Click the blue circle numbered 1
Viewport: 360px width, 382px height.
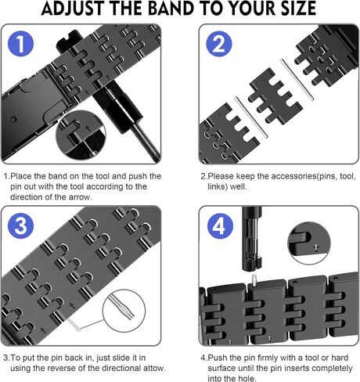click(x=21, y=43)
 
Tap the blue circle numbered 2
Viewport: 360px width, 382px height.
click(x=219, y=44)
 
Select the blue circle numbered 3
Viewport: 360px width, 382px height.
click(x=21, y=225)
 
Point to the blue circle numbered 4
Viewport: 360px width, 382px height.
click(x=220, y=226)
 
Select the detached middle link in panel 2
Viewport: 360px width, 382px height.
click(x=275, y=96)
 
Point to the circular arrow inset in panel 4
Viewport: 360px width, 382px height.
click(x=309, y=243)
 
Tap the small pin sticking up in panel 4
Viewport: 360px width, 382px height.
click(x=254, y=280)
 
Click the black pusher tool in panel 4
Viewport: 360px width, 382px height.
click(x=252, y=239)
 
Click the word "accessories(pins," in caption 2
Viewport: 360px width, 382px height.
click(x=296, y=176)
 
